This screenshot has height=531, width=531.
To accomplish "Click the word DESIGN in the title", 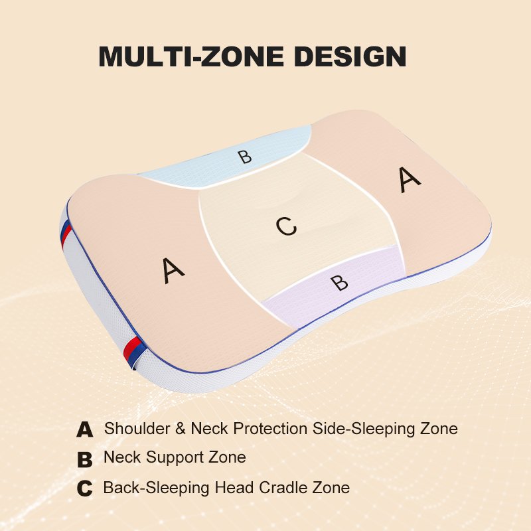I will point(350,57).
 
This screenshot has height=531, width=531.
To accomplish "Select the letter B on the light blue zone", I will point(245,157).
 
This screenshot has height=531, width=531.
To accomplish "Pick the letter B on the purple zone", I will point(339,282).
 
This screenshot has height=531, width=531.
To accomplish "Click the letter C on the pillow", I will point(285,227).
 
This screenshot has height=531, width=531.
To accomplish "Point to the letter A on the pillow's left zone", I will point(173,270).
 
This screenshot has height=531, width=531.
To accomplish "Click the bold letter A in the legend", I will point(85,429).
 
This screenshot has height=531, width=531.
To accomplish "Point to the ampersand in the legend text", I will point(180,429).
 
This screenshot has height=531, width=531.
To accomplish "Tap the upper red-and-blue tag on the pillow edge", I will point(65,234).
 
